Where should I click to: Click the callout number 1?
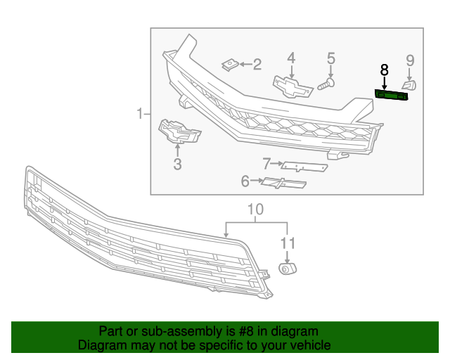pos(140,113)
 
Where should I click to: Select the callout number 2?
pos(257,65)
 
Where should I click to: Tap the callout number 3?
pos(177,165)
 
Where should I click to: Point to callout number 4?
pos(290,58)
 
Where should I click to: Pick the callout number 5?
pos(330,58)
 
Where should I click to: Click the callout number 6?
pos(245,182)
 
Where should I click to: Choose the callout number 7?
pos(267,165)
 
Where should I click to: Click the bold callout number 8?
pos(384,70)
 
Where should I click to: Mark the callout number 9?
pos(410,61)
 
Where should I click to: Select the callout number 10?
pos(255,210)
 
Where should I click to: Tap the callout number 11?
pos(287,244)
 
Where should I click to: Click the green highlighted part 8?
pos(391,95)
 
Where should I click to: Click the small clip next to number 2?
pos(229,65)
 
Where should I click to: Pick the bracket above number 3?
pos(177,131)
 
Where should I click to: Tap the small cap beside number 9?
pos(410,85)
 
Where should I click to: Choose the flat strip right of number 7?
pos(304,167)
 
